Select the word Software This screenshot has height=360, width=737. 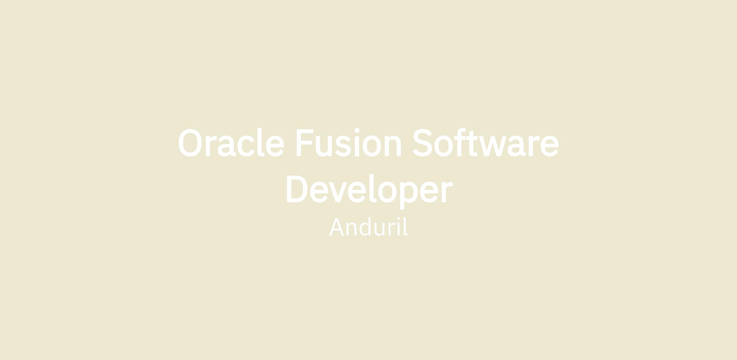coord(485,142)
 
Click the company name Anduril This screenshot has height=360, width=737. coord(368,227)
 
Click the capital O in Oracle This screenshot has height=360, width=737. coord(190,143)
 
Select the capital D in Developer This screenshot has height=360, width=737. coord(297,189)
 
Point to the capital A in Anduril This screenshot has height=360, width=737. coord(336,227)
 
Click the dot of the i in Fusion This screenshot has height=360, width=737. coord(357,130)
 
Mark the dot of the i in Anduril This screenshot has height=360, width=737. coord(399,219)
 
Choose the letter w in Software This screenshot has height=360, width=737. coord(493,146)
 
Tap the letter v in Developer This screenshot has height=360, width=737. coord(338,192)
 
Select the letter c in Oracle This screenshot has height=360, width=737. coord(246,146)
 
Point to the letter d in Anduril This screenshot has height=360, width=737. coord(365,227)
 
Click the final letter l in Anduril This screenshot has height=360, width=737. coord(406,226)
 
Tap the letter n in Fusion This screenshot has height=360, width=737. coord(393,146)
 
